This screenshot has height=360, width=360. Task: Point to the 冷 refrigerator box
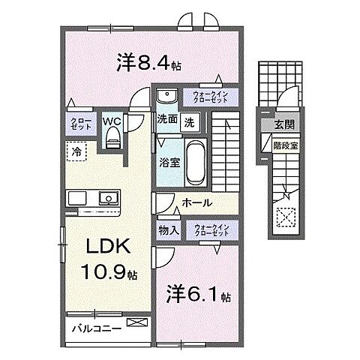pos(76,151)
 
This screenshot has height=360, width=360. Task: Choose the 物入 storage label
pos(169,229)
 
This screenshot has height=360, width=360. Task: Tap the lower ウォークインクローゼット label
pos(210,229)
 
